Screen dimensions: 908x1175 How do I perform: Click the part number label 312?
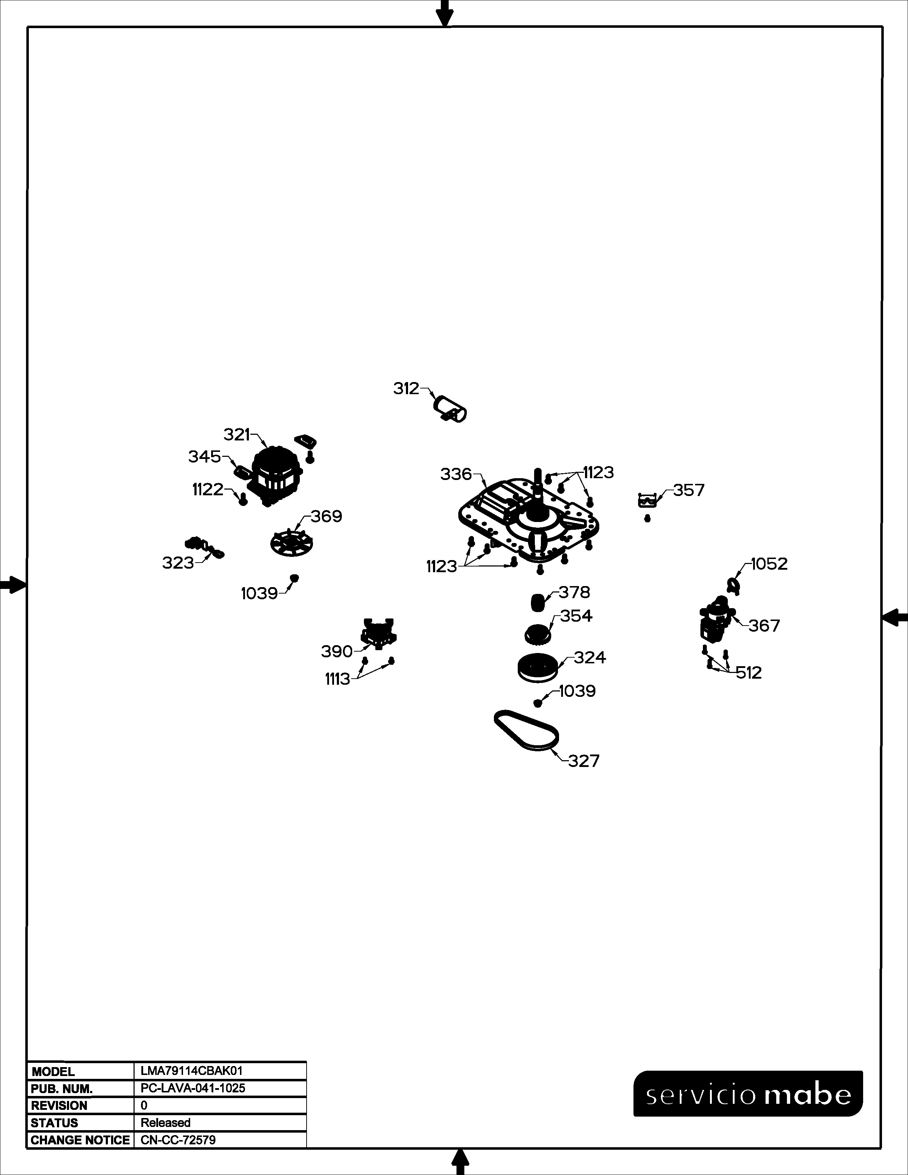(x=406, y=388)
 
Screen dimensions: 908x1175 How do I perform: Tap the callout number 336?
(x=456, y=475)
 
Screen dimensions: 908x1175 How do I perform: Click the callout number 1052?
(x=769, y=564)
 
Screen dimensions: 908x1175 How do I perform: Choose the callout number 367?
(x=764, y=626)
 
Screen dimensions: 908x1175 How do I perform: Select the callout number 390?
(x=337, y=652)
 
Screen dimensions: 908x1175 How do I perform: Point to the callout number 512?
(x=749, y=673)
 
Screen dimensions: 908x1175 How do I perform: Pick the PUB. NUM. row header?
(x=62, y=1089)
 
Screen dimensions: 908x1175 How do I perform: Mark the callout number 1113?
(x=337, y=679)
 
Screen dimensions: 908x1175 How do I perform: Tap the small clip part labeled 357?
(x=647, y=500)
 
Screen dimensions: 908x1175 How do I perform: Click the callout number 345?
(x=204, y=457)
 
